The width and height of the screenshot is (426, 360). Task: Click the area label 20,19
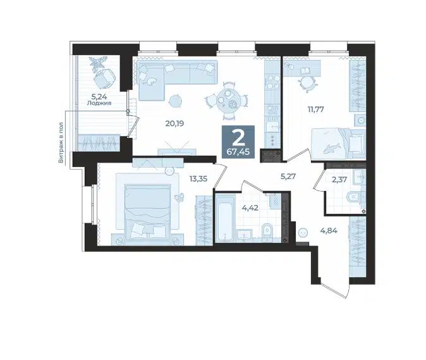[174, 124]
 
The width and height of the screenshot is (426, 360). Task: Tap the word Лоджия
[99, 103]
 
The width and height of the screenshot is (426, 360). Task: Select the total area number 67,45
[238, 152]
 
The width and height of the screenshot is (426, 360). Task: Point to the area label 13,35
[198, 178]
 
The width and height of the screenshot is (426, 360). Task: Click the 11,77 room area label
[315, 109]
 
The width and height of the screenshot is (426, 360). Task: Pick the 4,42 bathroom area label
[250, 208]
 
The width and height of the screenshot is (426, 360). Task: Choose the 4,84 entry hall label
[329, 231]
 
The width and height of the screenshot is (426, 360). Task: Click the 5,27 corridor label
[288, 177]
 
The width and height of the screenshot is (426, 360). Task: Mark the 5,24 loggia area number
[99, 96]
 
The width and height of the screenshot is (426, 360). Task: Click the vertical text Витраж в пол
[61, 142]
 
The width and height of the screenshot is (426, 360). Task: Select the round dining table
[228, 101]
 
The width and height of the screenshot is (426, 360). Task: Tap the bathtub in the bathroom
[224, 218]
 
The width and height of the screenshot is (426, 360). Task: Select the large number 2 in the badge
[239, 139]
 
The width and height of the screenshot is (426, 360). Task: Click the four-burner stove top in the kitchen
[272, 82]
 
